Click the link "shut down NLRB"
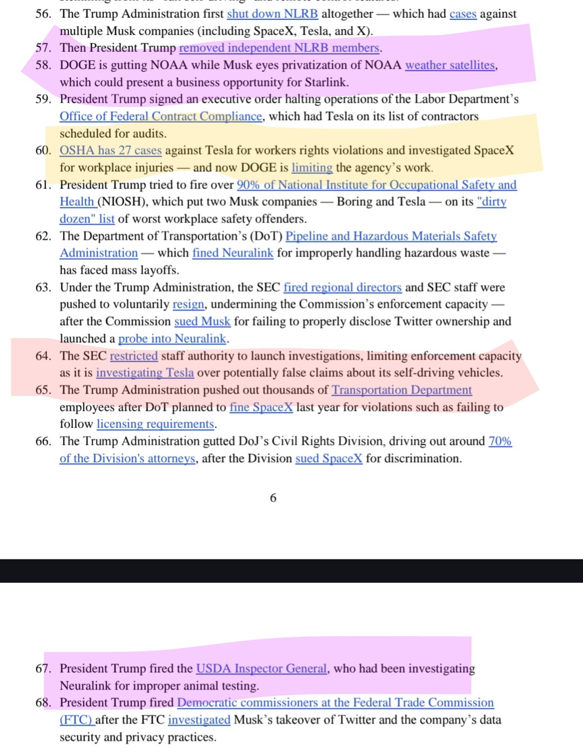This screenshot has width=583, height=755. tap(272, 14)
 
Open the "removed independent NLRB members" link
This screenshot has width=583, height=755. tap(279, 48)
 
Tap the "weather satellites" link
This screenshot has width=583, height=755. tap(450, 65)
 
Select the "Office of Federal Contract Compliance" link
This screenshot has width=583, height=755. tap(160, 117)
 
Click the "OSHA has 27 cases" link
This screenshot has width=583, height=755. tap(110, 151)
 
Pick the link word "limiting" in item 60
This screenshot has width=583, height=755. tap(312, 168)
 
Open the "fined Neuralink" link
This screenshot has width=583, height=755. tap(232, 253)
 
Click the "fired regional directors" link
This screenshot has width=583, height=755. tap(342, 287)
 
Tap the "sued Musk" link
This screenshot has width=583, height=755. tap(202, 322)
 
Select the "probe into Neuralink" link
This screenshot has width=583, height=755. tap(172, 339)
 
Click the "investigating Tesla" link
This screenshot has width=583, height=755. tap(145, 373)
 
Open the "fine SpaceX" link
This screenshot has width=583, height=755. tap(261, 407)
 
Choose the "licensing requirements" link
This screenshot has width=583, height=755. tap(156, 424)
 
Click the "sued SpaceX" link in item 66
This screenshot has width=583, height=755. tap(329, 459)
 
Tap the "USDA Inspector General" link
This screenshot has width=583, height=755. tap(262, 669)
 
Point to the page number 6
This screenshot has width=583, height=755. tap(273, 498)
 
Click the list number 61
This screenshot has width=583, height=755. tap(43, 185)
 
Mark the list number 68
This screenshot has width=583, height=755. tap(43, 703)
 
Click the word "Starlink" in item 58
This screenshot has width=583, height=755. tap(326, 83)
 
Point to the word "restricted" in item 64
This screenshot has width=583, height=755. tap(133, 356)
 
